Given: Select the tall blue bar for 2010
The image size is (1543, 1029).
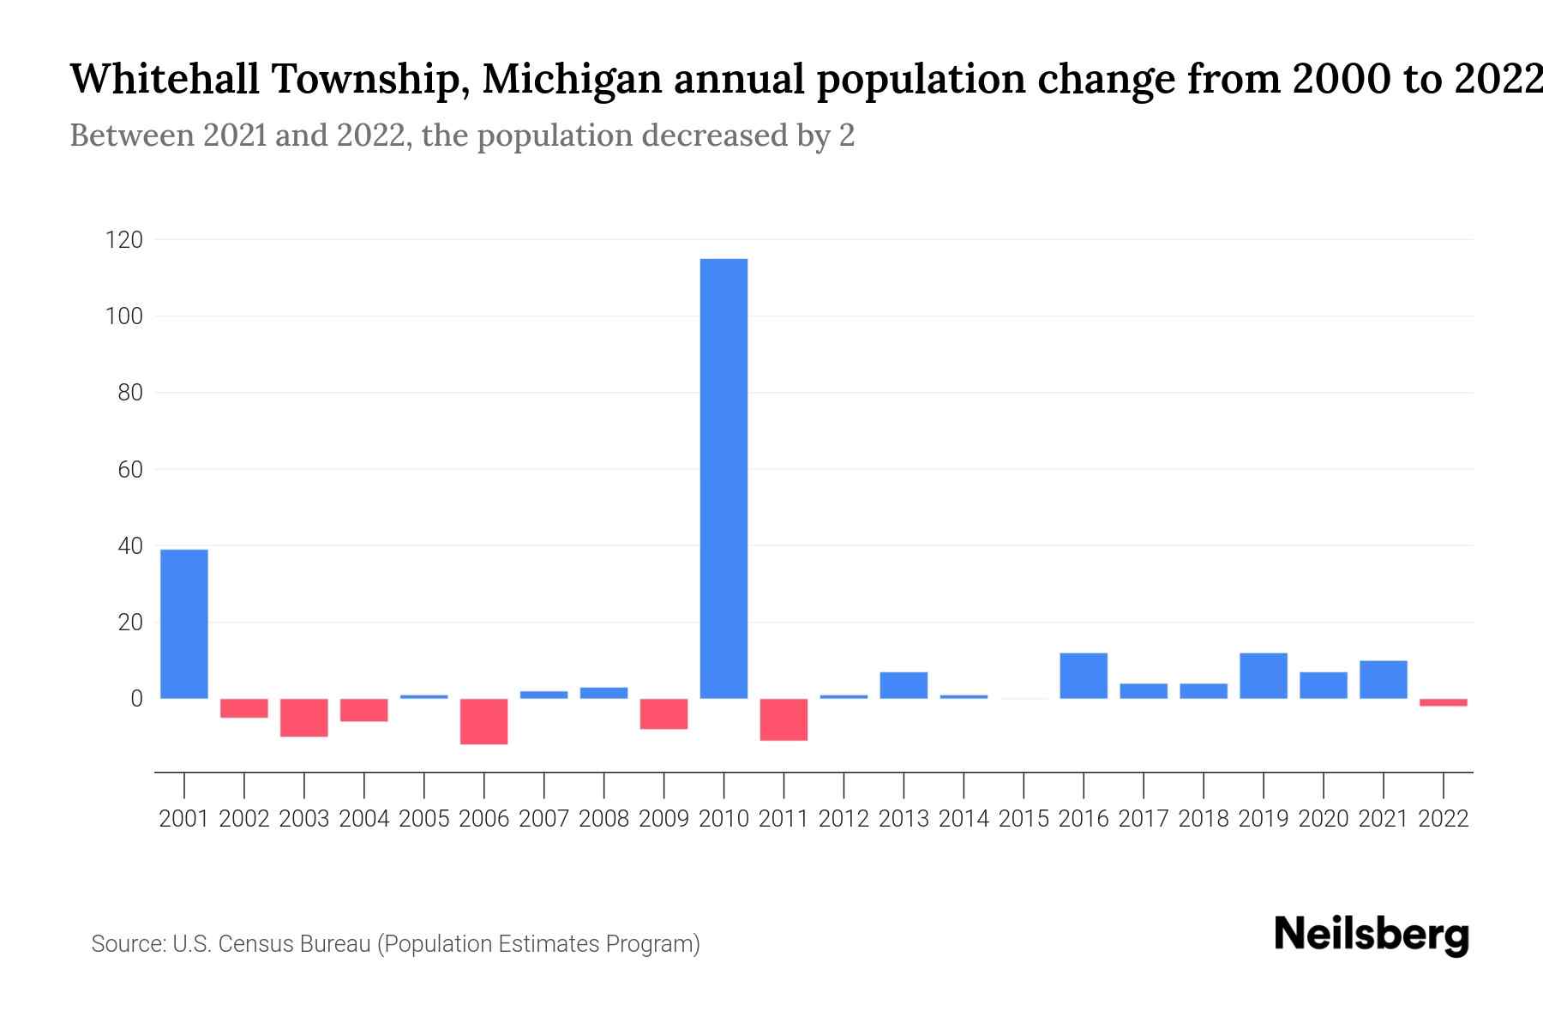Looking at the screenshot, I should click(723, 478).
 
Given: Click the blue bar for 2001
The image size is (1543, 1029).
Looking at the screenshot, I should click(184, 623).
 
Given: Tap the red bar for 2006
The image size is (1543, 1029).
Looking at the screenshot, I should click(483, 721).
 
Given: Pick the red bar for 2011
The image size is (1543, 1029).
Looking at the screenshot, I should click(784, 719).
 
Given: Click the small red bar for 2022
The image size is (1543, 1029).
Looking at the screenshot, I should click(1443, 702).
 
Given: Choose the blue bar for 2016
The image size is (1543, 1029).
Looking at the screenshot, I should click(1084, 676).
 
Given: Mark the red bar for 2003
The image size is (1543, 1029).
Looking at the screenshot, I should click(304, 718).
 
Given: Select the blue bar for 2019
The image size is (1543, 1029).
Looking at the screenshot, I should click(1263, 676).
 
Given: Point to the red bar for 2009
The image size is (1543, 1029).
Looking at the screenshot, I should click(663, 713).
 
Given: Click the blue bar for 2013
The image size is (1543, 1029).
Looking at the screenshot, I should click(904, 685).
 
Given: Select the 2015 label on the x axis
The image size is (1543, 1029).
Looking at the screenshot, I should click(1024, 819).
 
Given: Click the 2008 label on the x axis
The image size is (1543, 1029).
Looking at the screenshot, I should click(603, 819).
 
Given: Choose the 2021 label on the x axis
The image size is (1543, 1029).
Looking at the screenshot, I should click(1383, 819).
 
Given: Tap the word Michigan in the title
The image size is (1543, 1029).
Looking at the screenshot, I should click(571, 80).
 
